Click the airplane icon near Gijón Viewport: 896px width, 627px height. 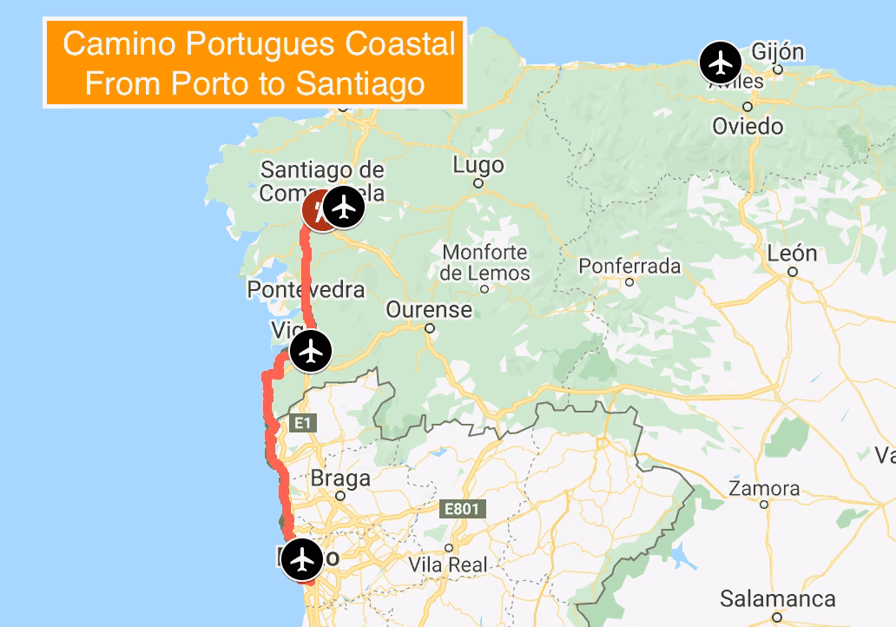click(x=720, y=63)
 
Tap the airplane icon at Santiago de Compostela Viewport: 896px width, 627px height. click(x=346, y=207)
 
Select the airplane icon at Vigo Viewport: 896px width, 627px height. click(x=311, y=352)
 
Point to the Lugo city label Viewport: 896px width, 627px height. click(x=478, y=165)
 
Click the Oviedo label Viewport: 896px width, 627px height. click(x=748, y=127)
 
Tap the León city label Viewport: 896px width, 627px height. click(x=793, y=254)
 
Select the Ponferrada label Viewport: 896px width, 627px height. click(x=629, y=266)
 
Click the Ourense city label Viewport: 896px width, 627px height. click(x=429, y=310)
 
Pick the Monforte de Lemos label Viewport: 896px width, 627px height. click(x=485, y=262)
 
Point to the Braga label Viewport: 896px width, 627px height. click(x=340, y=478)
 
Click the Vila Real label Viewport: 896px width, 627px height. click(x=448, y=564)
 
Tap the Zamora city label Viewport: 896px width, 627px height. click(x=764, y=488)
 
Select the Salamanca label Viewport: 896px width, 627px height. click(x=778, y=599)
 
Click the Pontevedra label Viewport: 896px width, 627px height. click(x=306, y=289)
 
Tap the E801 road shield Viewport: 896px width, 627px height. click(x=460, y=509)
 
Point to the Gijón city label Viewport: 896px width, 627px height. click(x=780, y=50)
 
